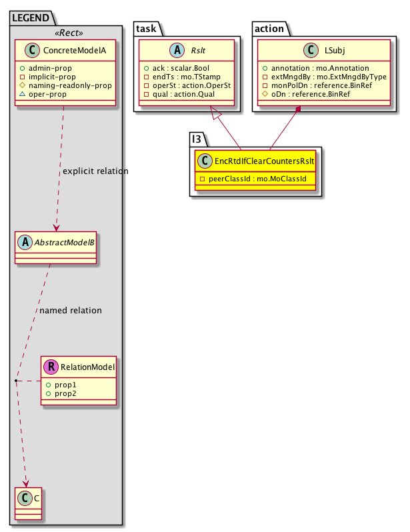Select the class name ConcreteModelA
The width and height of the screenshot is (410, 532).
pos(71,51)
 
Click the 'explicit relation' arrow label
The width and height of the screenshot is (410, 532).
pos(95,171)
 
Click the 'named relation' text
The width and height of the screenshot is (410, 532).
pos(71,310)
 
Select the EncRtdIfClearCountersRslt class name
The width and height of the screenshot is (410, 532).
pos(261,161)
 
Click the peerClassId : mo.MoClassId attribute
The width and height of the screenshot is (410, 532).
pos(255,179)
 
